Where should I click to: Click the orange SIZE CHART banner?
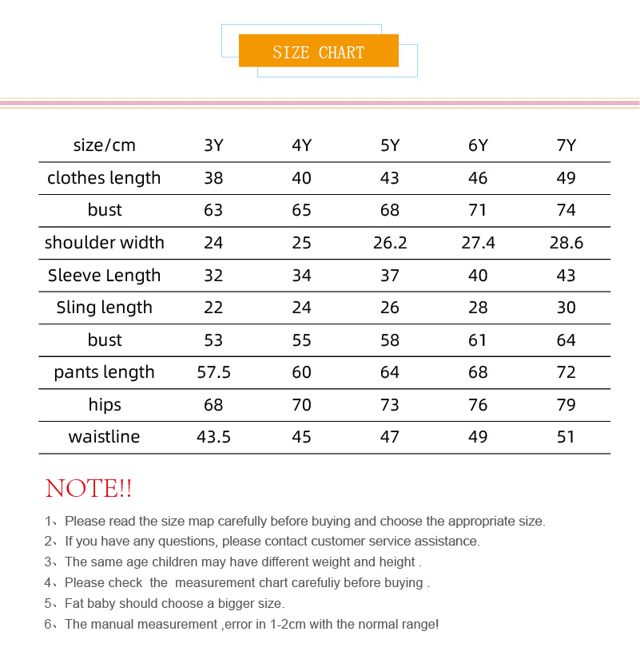tap(318, 52)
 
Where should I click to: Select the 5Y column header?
tap(390, 145)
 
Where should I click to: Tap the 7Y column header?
tap(566, 145)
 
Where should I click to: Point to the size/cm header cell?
tap(105, 145)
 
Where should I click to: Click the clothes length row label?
tap(104, 178)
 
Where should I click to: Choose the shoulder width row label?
tap(104, 243)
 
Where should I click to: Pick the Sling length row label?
tap(104, 308)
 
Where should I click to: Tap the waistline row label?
tap(104, 437)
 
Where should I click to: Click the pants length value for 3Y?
tap(213, 372)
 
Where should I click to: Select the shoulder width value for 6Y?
tap(478, 243)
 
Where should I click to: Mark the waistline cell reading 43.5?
tap(213, 437)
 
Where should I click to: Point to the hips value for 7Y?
tap(566, 405)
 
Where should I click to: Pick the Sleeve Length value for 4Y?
tap(301, 276)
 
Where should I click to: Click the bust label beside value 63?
tap(105, 210)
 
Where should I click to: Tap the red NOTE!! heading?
tap(89, 488)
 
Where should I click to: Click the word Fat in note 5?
tap(74, 603)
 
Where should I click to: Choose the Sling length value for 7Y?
tap(566, 308)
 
